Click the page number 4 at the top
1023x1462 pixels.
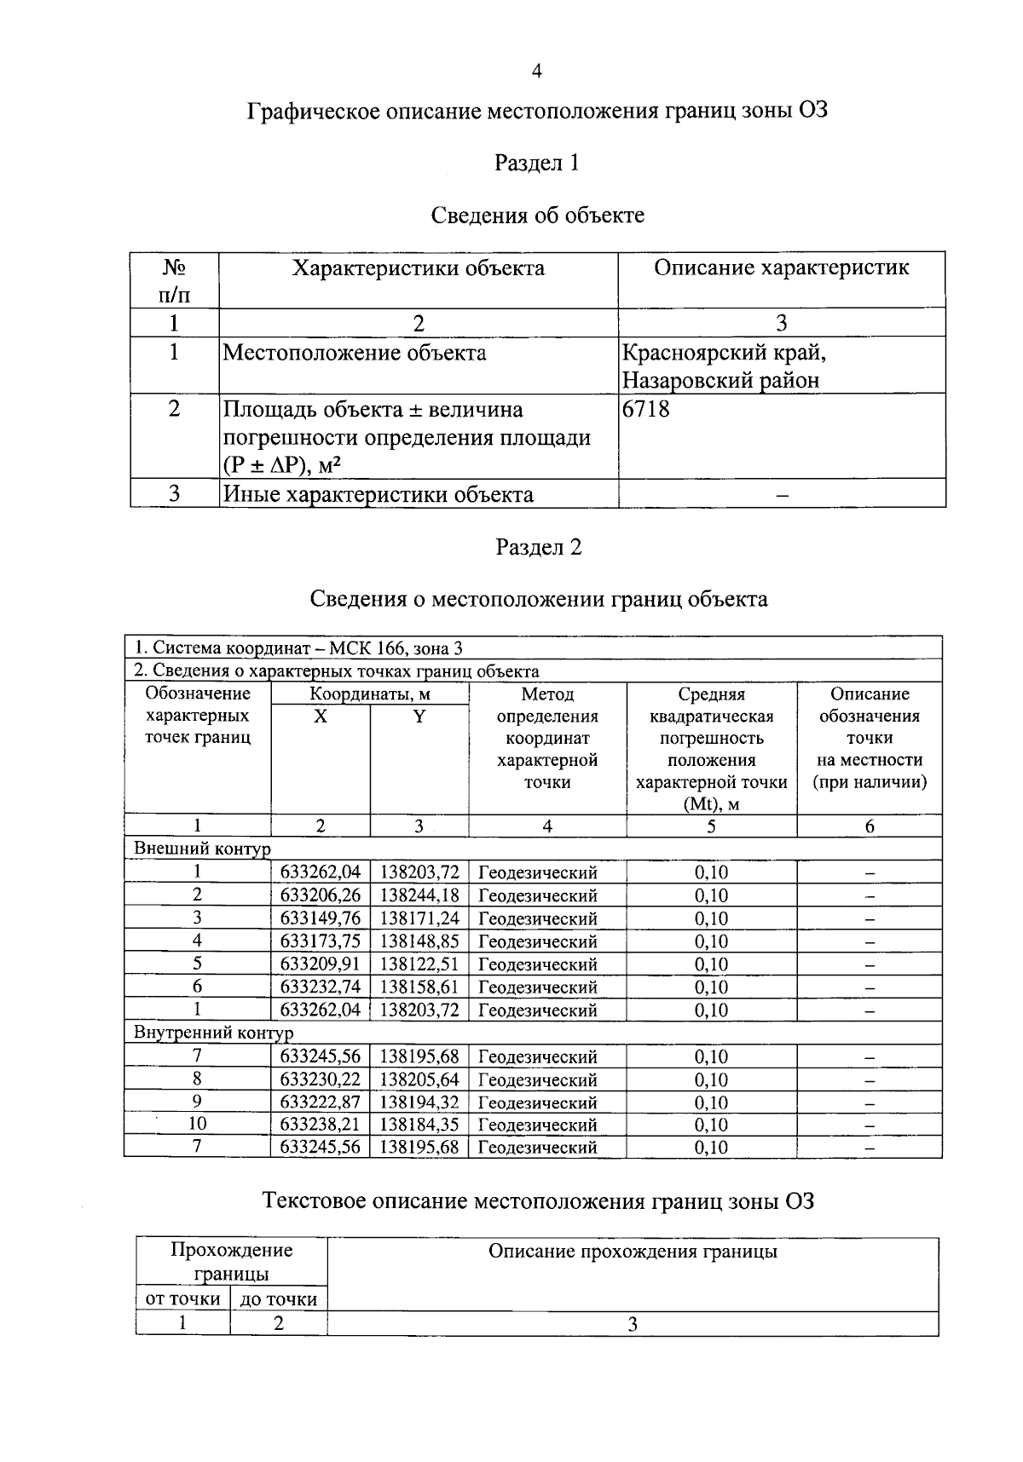click(537, 71)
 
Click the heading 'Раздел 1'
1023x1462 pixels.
click(537, 163)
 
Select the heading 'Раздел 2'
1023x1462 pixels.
click(539, 547)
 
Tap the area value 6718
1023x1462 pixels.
click(646, 410)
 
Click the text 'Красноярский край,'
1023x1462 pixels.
click(724, 353)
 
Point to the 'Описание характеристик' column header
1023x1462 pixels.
click(781, 268)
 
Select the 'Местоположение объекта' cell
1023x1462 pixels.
click(354, 353)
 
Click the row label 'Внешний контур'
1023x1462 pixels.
click(202, 849)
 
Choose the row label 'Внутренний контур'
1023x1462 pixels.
click(213, 1033)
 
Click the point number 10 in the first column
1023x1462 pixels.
click(197, 1125)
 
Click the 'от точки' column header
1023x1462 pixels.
click(183, 1299)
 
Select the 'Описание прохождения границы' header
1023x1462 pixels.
click(633, 1252)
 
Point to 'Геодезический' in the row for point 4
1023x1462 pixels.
click(537, 941)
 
